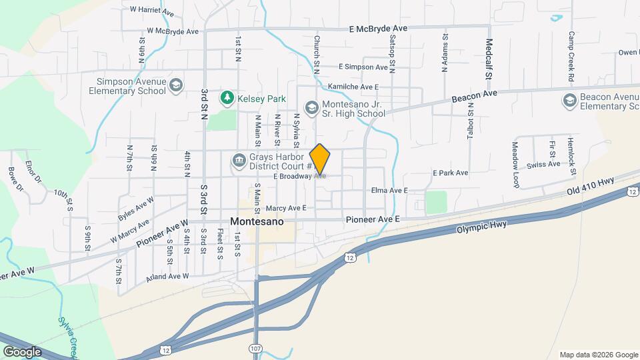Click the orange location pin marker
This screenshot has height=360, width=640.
tap(320, 159)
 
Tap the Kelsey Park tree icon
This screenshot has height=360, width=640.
tap(228, 99)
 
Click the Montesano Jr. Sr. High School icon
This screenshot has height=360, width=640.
tap(311, 107)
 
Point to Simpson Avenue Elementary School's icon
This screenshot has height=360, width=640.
tap(175, 85)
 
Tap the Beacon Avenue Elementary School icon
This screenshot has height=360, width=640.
tap(569, 101)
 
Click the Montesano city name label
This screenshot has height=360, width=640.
tap(257, 221)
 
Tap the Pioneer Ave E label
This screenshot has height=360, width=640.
tap(372, 219)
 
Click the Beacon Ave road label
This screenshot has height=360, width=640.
tap(475, 97)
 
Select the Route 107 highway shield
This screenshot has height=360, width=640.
tap(256, 349)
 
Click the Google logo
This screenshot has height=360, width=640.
tap(22, 351)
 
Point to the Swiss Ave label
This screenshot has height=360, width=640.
tap(543, 165)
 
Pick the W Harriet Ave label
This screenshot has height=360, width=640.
tap(153, 10)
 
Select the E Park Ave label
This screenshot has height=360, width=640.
tap(450, 173)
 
